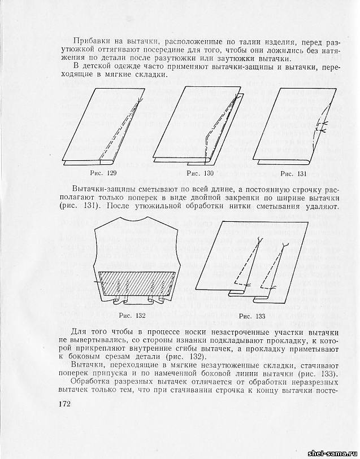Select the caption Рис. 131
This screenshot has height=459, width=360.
coord(294,172)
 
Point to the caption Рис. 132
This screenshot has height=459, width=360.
coord(133,314)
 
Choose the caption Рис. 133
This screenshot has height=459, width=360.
coord(252,315)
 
